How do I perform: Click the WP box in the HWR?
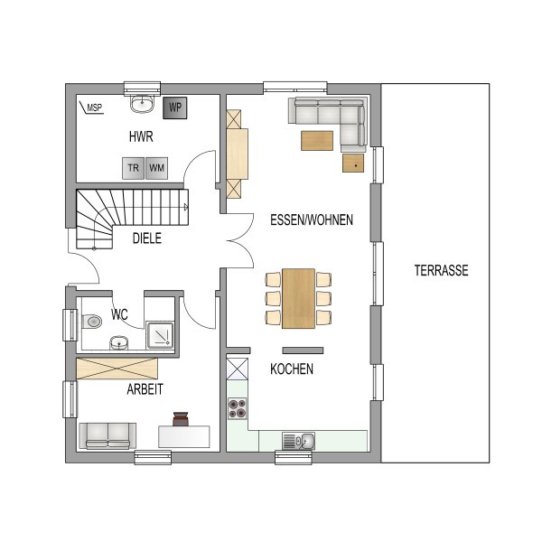tap(175, 107)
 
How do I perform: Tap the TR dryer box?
tap(133, 168)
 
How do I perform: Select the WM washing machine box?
tap(156, 168)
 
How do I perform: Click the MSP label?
tap(94, 107)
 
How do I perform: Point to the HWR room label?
tap(141, 137)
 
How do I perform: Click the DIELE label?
tap(147, 238)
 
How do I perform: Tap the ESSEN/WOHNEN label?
tap(312, 220)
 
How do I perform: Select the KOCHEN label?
tap(292, 369)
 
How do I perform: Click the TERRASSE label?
tap(442, 270)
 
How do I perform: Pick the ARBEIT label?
tap(145, 389)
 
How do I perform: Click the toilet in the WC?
tap(92, 322)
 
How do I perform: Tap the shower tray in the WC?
tap(160, 335)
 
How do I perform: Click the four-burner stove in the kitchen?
tap(238, 408)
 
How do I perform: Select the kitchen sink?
tap(298, 441)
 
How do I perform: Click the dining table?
tap(298, 298)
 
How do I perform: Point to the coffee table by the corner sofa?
tap(317, 141)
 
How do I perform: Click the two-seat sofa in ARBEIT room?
tap(107, 436)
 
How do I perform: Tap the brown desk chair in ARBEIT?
tap(181, 418)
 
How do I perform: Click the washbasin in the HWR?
tap(142, 104)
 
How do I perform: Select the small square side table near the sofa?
tap(353, 164)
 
